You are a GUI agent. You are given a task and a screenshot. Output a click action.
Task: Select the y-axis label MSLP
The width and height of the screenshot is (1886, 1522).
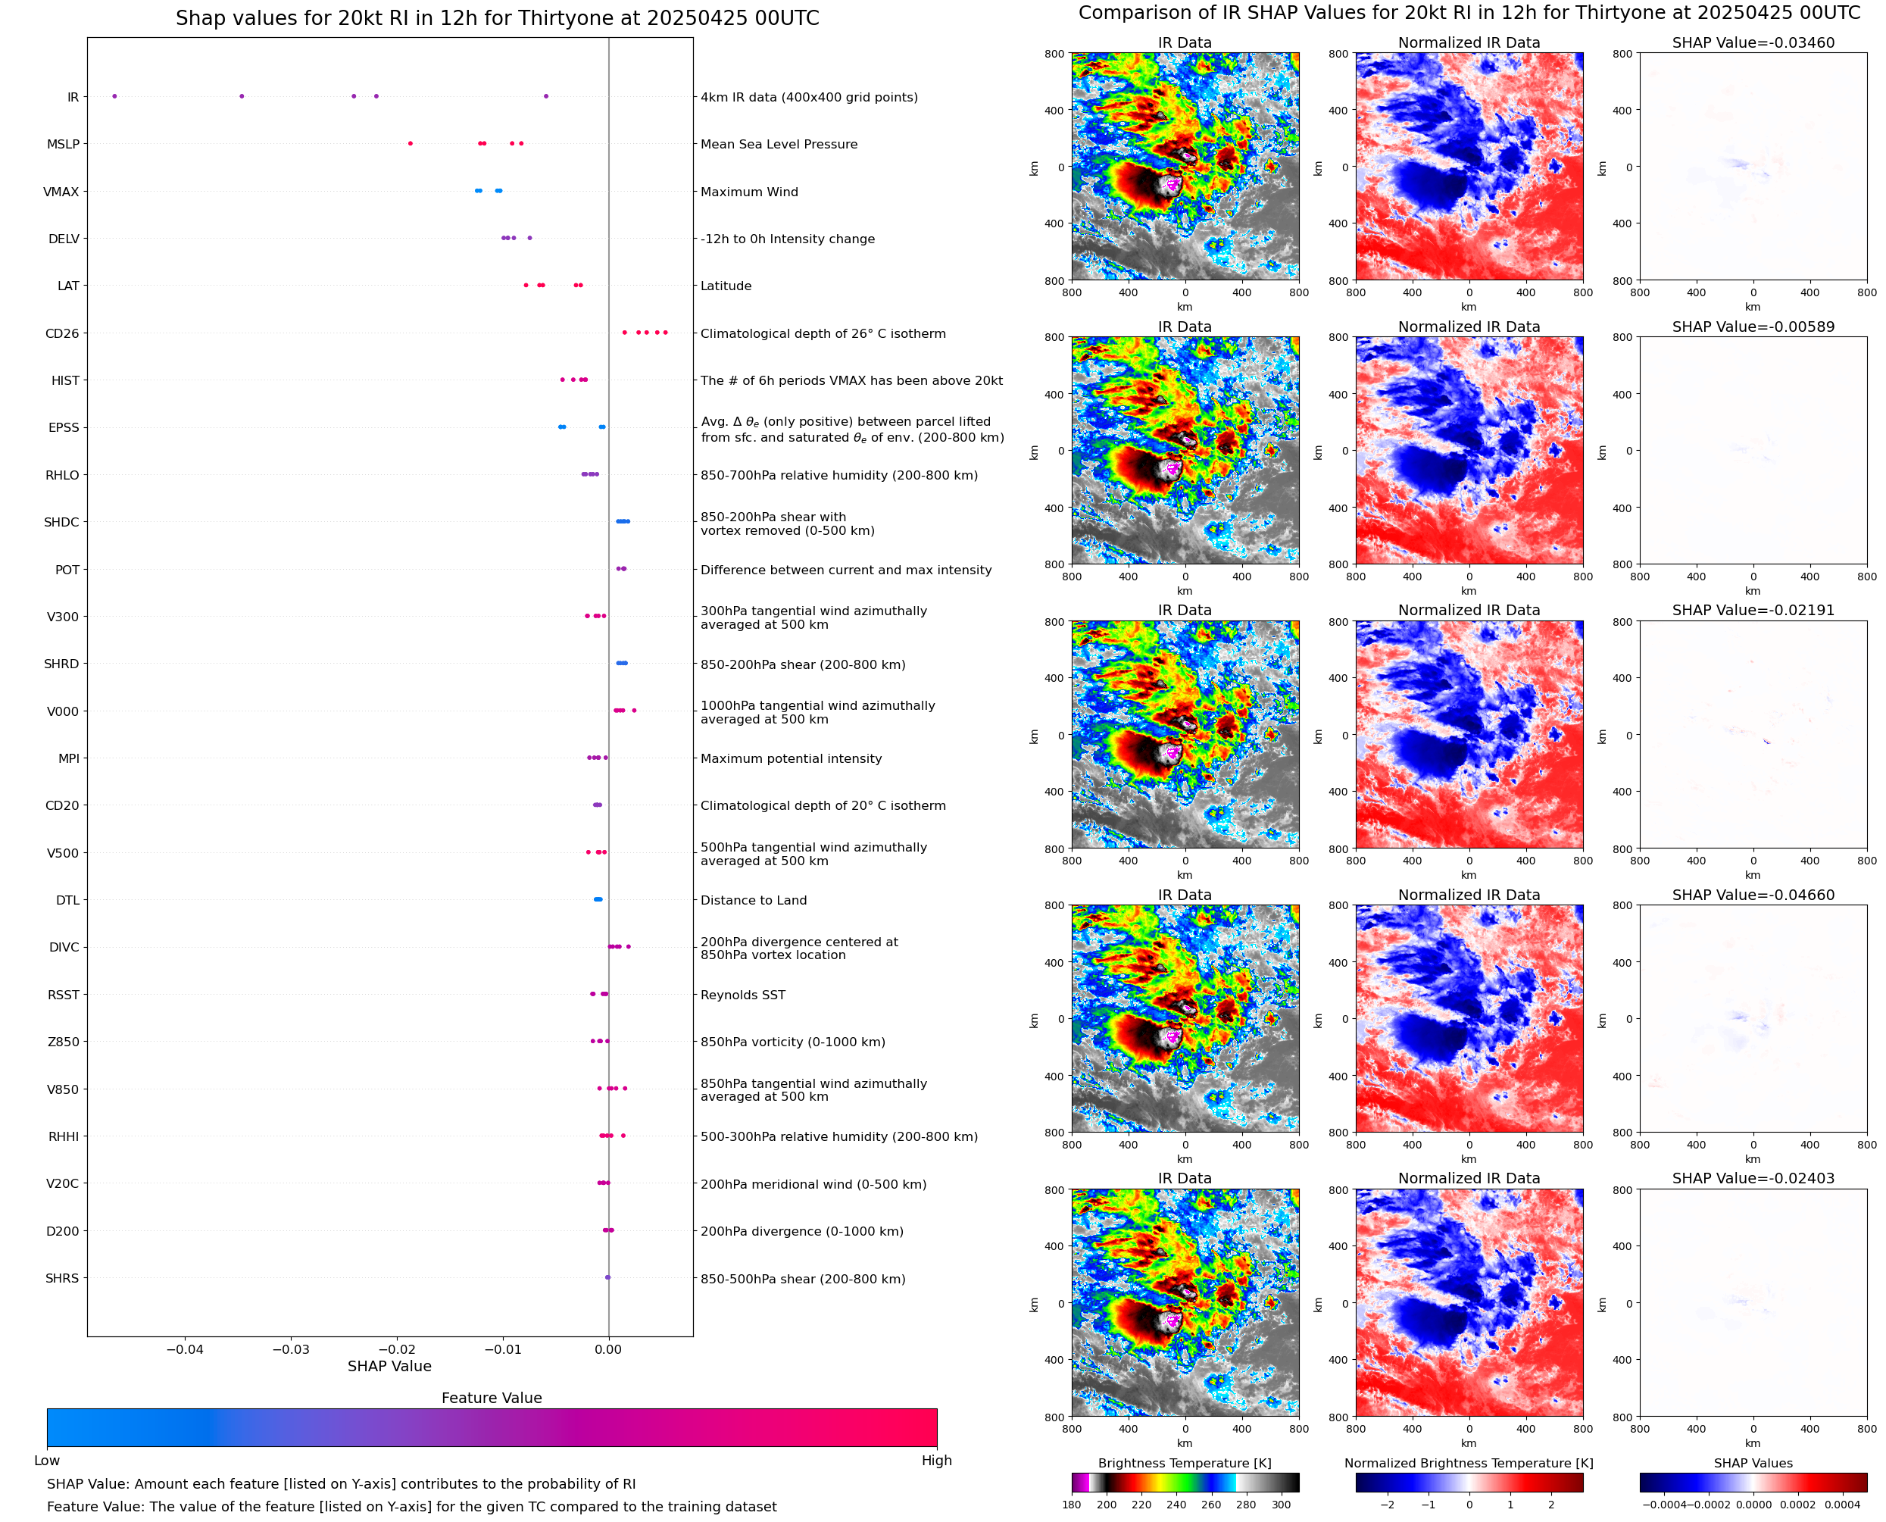click(63, 144)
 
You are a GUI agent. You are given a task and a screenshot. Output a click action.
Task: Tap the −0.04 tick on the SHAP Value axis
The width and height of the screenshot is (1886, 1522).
click(184, 1349)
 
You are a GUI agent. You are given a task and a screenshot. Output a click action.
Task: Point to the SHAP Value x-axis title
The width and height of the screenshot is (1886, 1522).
click(389, 1366)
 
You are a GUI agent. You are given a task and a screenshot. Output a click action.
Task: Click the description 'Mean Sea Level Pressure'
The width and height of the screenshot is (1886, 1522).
click(778, 144)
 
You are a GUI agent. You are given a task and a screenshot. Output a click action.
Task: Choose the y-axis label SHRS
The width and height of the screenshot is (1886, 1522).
click(62, 1278)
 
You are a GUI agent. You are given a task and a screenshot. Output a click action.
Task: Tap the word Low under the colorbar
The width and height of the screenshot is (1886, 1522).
click(46, 1461)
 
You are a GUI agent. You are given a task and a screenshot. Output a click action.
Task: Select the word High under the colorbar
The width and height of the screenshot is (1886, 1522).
click(936, 1461)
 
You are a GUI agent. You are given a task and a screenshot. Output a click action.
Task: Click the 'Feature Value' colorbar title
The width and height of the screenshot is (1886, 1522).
click(492, 1398)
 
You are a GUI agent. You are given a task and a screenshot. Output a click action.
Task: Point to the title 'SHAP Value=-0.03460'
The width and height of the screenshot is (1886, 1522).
click(1753, 42)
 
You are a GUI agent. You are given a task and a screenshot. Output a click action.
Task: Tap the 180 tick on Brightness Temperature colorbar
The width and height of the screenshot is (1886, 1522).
click(1071, 1505)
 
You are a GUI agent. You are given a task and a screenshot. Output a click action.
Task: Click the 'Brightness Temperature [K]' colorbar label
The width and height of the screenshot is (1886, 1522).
click(1184, 1463)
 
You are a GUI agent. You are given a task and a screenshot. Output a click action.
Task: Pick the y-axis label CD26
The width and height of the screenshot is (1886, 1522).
click(62, 333)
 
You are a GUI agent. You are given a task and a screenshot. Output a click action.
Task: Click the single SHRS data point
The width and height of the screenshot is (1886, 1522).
click(607, 1277)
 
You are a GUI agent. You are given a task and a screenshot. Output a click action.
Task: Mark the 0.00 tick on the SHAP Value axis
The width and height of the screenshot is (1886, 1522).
click(608, 1349)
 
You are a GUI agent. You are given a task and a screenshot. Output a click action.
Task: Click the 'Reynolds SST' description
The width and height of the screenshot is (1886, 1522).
click(742, 995)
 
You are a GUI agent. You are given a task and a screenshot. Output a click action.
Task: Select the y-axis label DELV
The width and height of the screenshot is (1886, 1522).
click(64, 239)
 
